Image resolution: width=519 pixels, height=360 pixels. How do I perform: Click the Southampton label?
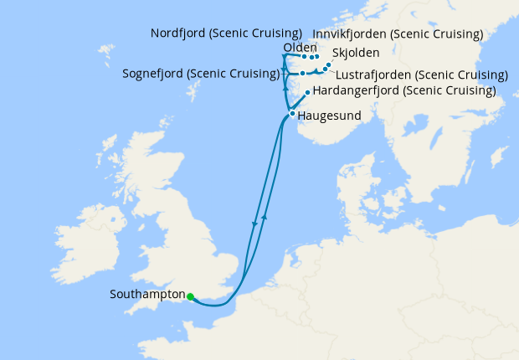[x=146, y=295]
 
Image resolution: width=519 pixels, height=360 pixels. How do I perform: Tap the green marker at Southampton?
[x=191, y=296]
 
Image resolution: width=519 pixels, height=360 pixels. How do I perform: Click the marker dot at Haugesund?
[x=291, y=113]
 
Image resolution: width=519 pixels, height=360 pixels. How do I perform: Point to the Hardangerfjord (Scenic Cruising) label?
[x=403, y=90]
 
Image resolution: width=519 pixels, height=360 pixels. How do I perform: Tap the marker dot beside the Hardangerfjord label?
[x=308, y=91]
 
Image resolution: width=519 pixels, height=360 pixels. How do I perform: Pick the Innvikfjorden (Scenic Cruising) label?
[x=397, y=33]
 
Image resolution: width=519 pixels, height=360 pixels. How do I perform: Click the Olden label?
[x=300, y=48]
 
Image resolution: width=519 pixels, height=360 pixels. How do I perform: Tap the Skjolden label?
[x=355, y=52]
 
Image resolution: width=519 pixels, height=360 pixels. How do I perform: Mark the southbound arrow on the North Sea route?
[x=254, y=224]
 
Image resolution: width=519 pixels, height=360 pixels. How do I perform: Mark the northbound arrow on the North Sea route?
[x=265, y=216]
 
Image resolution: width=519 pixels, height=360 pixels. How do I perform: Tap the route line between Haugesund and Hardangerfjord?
[x=301, y=101]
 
